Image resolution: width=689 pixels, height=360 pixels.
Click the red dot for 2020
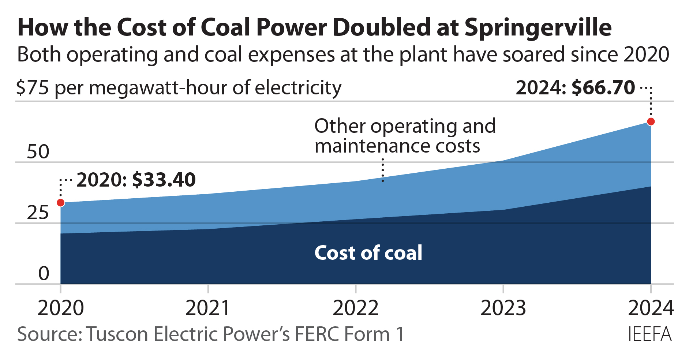61,203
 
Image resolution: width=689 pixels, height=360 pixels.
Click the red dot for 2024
651,122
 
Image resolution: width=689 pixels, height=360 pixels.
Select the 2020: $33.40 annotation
136,180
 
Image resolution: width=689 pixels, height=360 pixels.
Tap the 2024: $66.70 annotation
575,87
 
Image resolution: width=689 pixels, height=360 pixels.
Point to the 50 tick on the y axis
38,152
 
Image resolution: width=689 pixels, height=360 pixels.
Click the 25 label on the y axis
38,213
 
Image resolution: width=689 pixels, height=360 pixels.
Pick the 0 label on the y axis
44,273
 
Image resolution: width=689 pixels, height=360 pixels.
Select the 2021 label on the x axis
208,308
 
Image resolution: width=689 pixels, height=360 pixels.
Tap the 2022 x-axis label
355,308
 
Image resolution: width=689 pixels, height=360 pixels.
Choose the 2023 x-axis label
503,308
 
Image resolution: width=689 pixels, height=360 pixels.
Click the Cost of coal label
368,253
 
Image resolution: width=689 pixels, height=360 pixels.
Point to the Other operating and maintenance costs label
405,136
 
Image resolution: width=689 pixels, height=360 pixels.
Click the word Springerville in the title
538,28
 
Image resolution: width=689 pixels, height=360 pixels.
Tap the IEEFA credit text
649,334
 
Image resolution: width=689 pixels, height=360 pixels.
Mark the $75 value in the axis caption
32,88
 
